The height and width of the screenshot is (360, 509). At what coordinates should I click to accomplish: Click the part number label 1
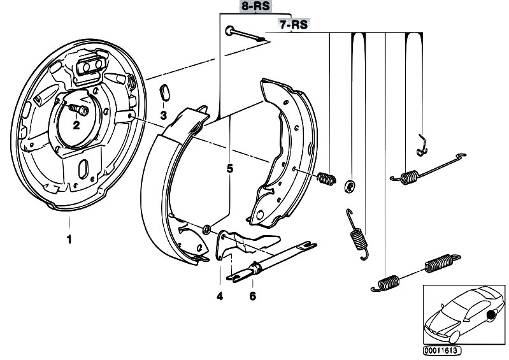pyautogui.click(x=69, y=240)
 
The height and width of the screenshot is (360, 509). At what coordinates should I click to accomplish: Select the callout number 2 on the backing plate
pyautogui.click(x=76, y=125)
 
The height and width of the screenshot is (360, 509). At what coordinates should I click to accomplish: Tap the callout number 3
pyautogui.click(x=163, y=115)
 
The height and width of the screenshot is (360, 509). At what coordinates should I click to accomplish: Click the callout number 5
pyautogui.click(x=229, y=169)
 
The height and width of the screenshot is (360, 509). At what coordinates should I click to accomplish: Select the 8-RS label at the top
pyautogui.click(x=254, y=7)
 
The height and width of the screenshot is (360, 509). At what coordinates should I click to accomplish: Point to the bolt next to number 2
pyautogui.click(x=78, y=110)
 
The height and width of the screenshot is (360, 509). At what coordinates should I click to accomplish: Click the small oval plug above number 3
pyautogui.click(x=163, y=92)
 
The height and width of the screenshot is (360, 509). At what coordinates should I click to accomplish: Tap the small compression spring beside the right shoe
pyautogui.click(x=326, y=179)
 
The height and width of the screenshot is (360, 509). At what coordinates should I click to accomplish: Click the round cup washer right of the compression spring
pyautogui.click(x=349, y=187)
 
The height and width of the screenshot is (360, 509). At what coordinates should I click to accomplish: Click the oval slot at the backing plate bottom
pyautogui.click(x=83, y=171)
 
